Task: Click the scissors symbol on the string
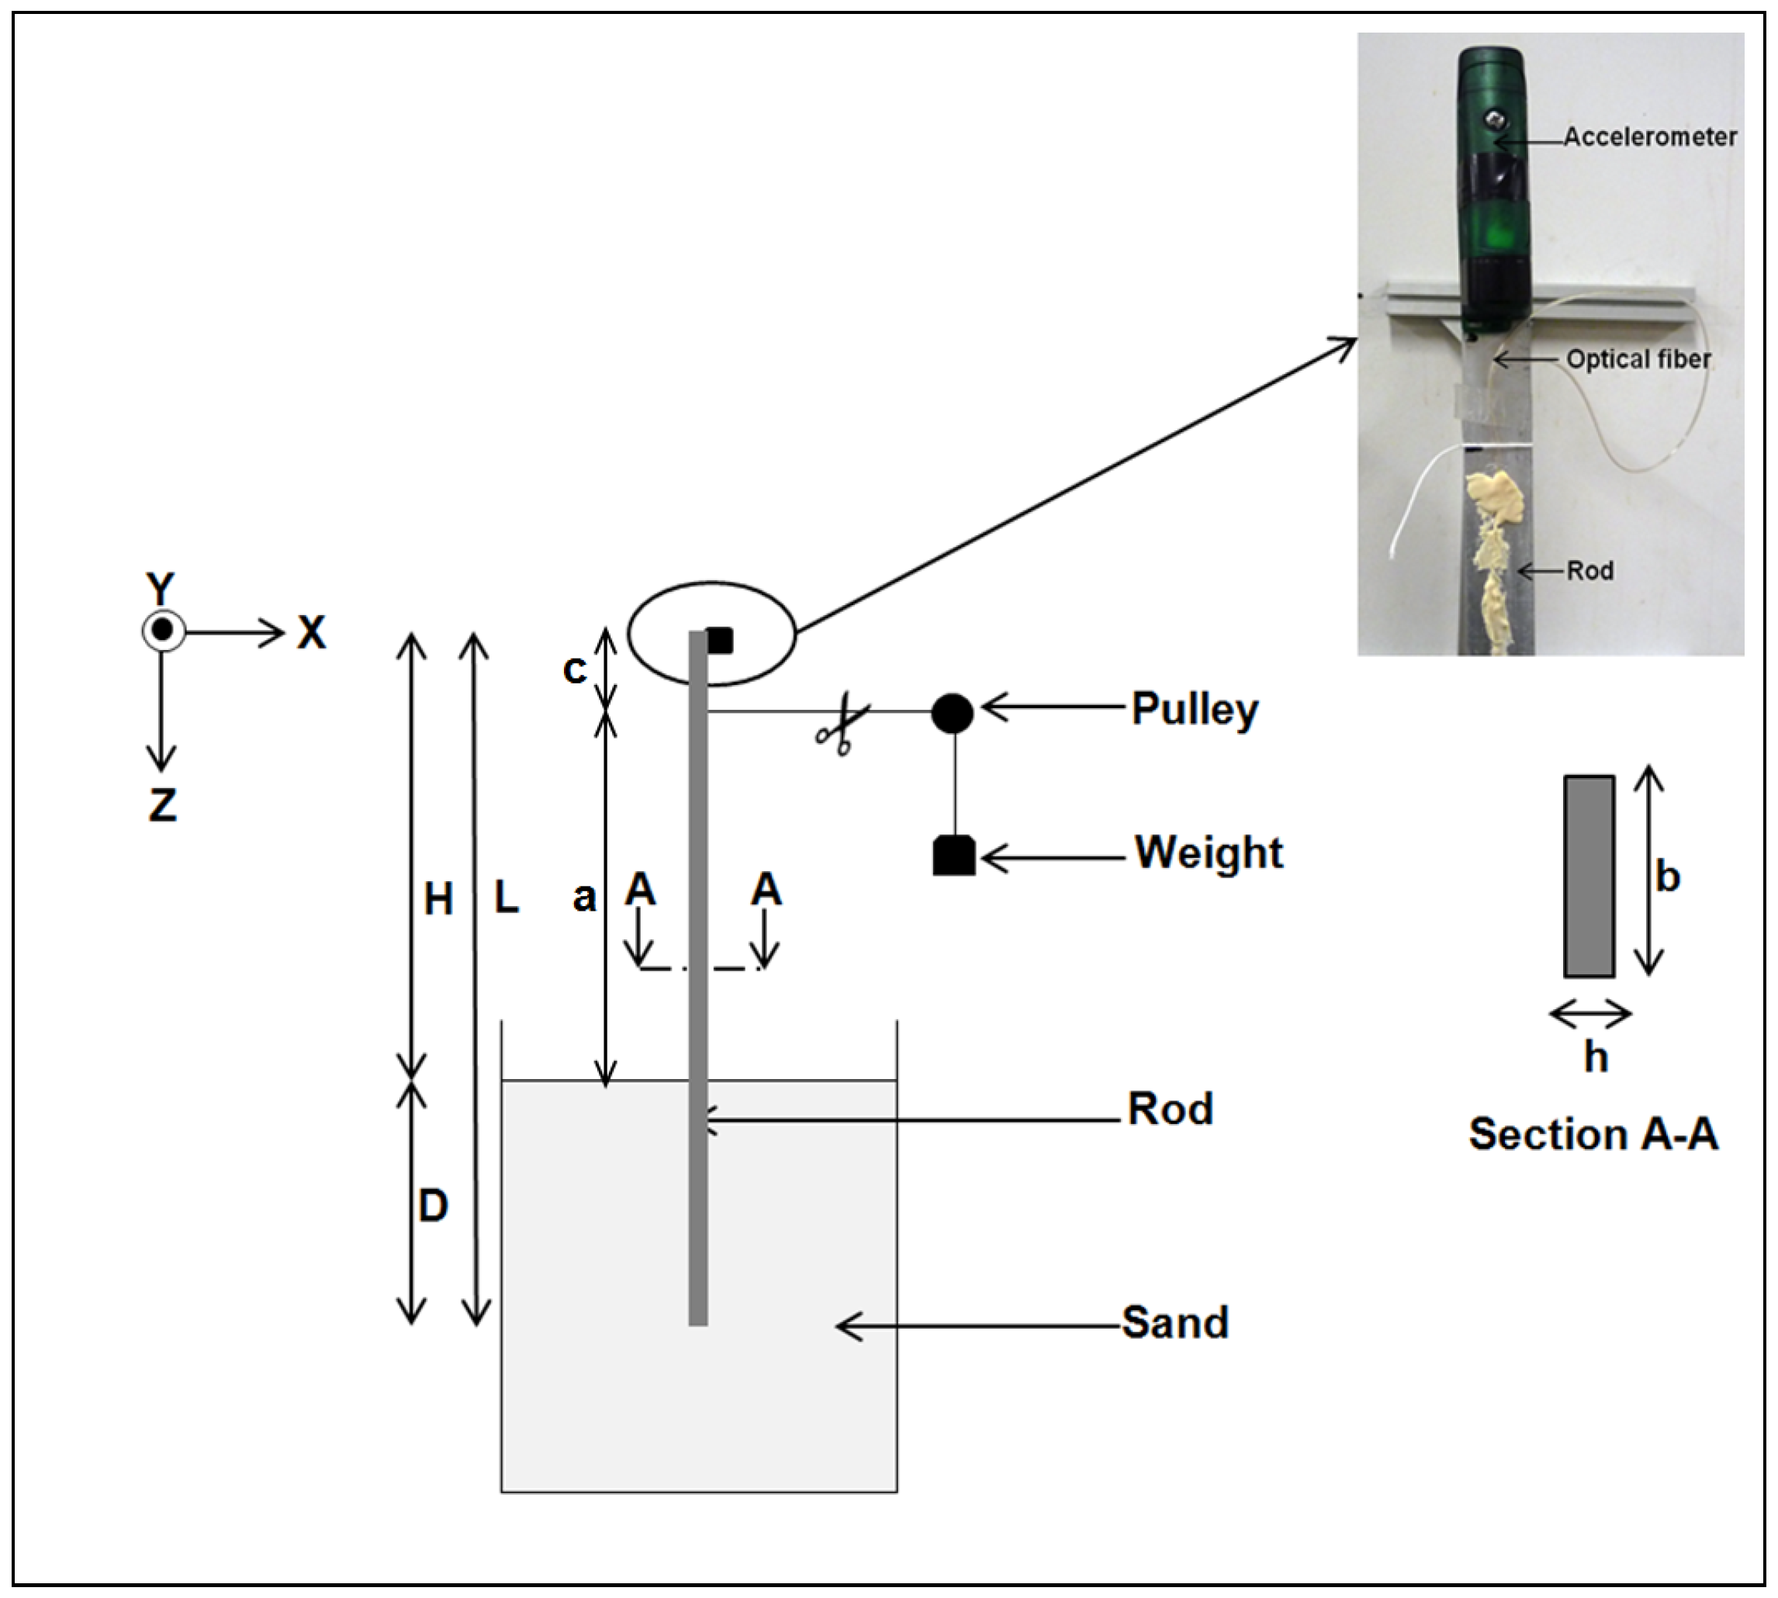tap(841, 725)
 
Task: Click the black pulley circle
tap(952, 713)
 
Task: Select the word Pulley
tap(1194, 710)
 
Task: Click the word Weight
tap(1208, 853)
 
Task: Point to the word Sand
tap(1174, 1323)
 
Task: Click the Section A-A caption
tap(1593, 1133)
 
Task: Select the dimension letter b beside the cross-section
tap(1666, 877)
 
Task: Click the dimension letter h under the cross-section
tap(1596, 1058)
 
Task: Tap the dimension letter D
tap(433, 1206)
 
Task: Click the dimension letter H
tap(438, 900)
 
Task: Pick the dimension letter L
tap(507, 898)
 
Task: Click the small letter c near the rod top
tap(574, 671)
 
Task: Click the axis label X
tap(311, 632)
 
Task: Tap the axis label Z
tap(162, 804)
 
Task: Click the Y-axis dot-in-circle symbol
tap(162, 631)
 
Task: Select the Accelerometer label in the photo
tap(1649, 137)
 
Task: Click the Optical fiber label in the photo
tap(1638, 360)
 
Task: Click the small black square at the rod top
tap(719, 640)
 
